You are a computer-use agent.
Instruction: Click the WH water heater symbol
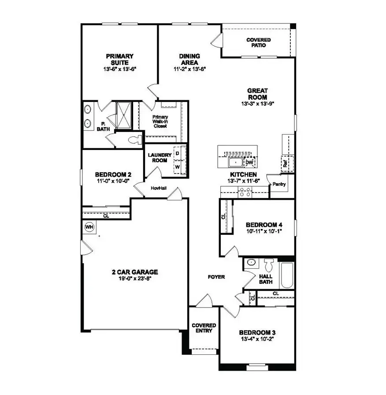[x=89, y=227]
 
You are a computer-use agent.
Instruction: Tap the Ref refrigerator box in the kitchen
[x=285, y=163]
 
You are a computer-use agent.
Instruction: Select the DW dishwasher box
[x=249, y=162]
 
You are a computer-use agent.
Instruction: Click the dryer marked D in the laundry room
[x=178, y=153]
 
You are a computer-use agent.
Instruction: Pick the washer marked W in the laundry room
[x=178, y=167]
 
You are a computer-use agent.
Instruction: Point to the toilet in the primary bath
[x=135, y=139]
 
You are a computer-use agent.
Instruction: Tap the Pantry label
[x=279, y=184]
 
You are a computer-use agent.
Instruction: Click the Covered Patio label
[x=259, y=42]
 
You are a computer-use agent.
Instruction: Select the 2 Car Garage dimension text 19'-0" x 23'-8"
[x=135, y=278]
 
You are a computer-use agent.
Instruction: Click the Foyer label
[x=216, y=277]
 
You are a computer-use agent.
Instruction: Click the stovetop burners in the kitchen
[x=245, y=192]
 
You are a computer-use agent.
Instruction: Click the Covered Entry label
[x=203, y=328]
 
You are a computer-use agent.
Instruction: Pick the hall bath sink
[x=251, y=262]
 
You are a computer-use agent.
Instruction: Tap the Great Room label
[x=258, y=94]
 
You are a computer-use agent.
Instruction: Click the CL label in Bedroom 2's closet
[x=106, y=216]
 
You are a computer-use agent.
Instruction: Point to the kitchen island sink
[x=235, y=162]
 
